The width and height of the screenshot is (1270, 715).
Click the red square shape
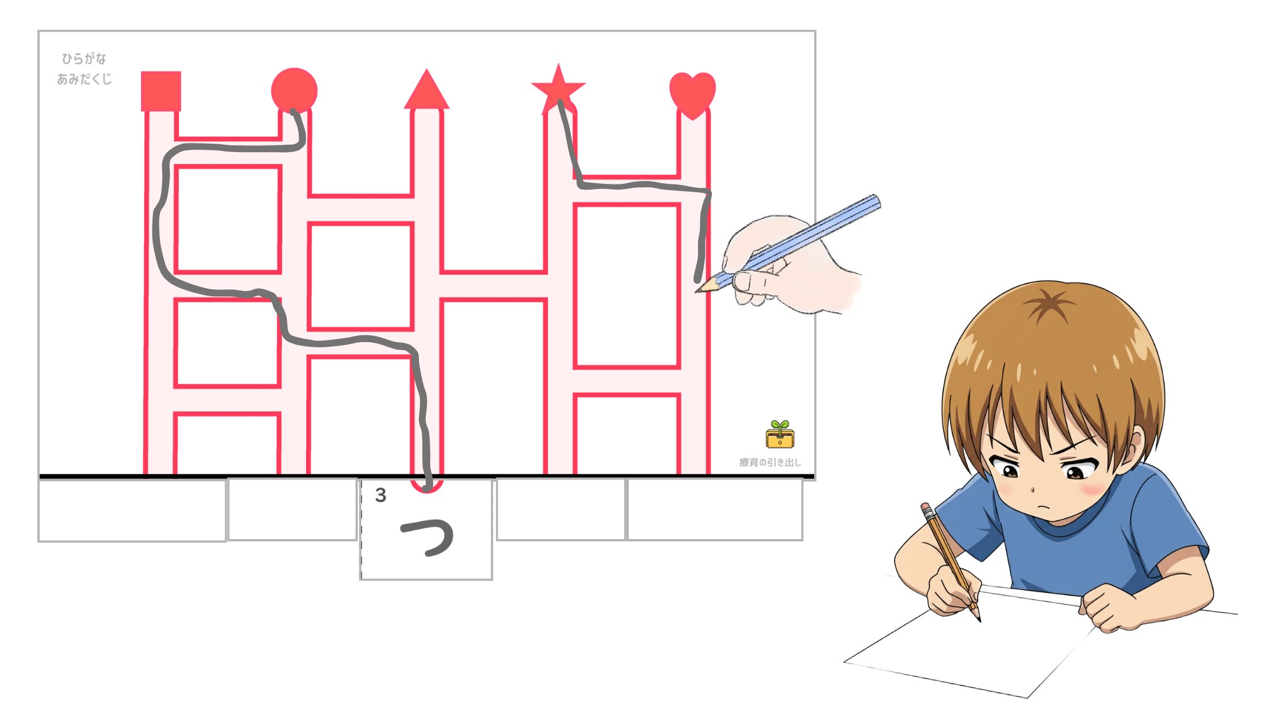(161, 91)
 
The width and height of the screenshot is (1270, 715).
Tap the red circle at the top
(294, 91)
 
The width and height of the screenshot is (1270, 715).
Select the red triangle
(426, 89)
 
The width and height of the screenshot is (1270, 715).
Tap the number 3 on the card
(380, 495)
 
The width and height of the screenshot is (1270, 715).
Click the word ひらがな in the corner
(84, 58)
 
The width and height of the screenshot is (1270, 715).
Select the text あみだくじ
(84, 79)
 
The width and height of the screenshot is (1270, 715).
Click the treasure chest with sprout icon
(780, 435)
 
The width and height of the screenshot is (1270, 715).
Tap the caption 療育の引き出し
(770, 462)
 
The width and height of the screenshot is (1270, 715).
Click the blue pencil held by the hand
(788, 244)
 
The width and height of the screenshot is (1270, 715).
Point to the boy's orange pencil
(950, 562)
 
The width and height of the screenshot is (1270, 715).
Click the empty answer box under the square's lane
(132, 510)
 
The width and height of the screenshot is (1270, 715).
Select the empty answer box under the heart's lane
(715, 510)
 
